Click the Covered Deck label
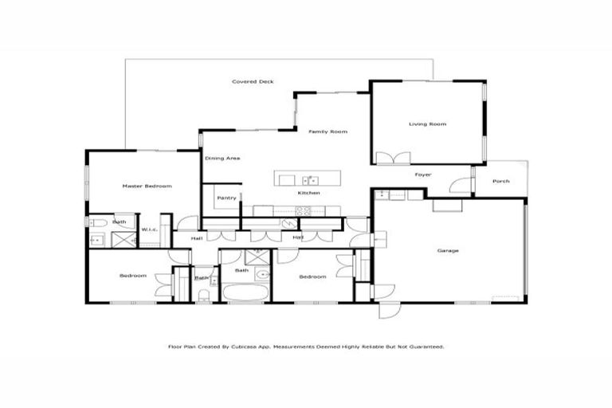pos(253,82)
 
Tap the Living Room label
pos(428,124)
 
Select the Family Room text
pos(328,131)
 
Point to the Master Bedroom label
pos(147,186)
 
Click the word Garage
pos(448,251)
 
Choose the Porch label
pos(500,182)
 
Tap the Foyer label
pos(423,174)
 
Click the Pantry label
pos(226,198)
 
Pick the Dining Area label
pos(222,159)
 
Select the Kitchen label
pos(309,194)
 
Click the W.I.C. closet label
pos(148,230)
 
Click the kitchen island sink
pos(312,180)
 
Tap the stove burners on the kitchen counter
pos(303,211)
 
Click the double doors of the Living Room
pos(392,159)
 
